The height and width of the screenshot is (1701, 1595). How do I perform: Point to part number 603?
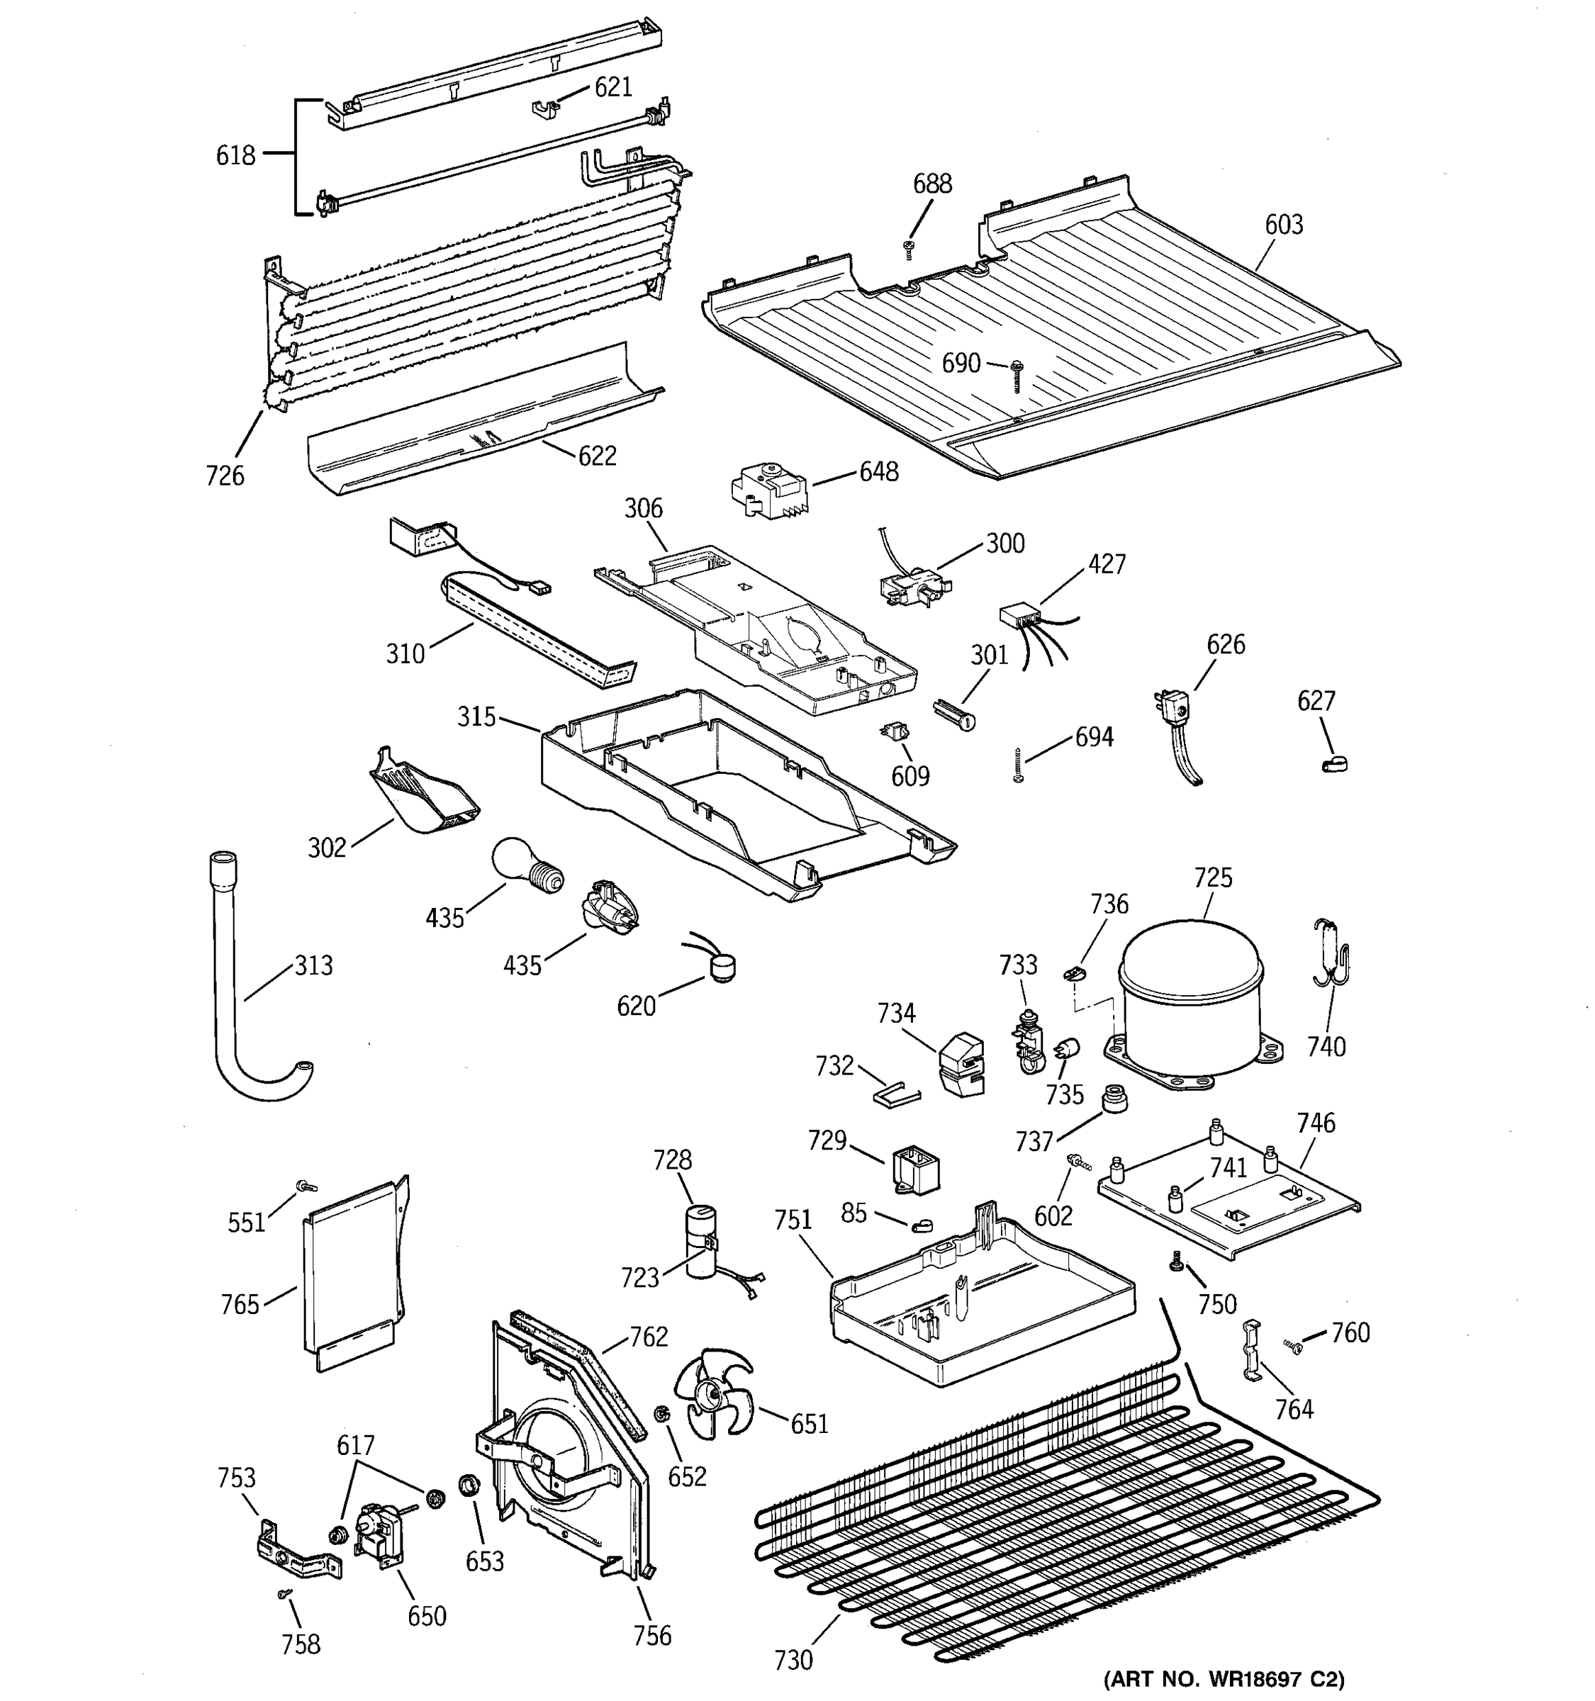coord(1284,225)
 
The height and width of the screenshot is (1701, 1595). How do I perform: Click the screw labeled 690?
coord(1017,374)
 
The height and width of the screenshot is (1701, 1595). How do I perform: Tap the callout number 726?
coord(225,476)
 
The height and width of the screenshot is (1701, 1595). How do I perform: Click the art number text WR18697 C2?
coord(1223,1679)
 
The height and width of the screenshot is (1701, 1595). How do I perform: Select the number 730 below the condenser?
coord(793,1660)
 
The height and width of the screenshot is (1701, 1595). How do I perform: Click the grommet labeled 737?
coord(1113,1097)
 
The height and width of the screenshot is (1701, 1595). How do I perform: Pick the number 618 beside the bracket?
coord(235,156)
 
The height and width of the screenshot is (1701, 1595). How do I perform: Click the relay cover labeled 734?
coord(961,1064)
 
